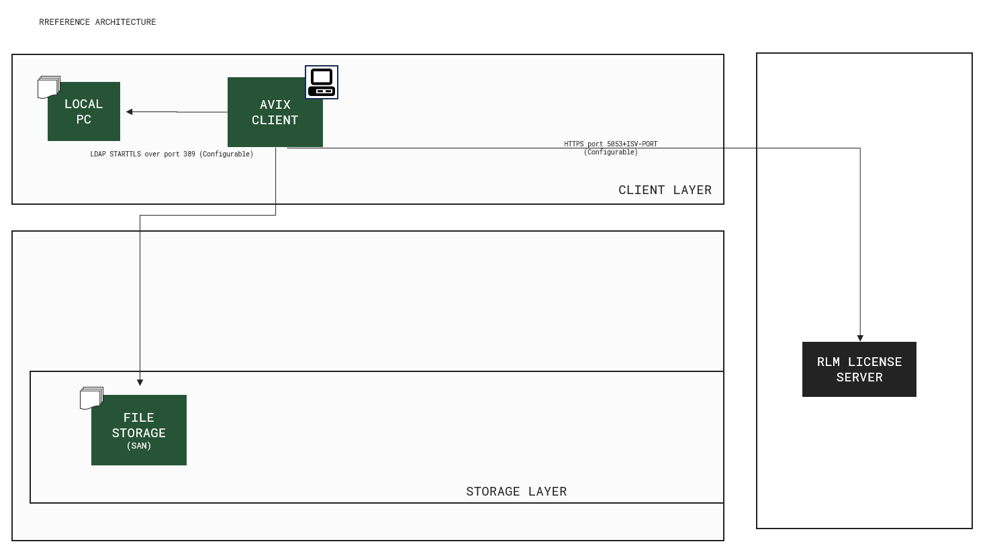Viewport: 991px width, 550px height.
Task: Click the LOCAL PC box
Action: (84, 111)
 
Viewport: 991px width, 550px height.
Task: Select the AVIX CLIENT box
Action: (275, 112)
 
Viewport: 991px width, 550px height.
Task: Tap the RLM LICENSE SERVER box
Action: (859, 369)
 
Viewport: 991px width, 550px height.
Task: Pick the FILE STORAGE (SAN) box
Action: (139, 430)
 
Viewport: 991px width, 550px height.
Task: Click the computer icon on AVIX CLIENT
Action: (322, 83)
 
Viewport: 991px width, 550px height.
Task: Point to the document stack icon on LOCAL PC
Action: (49, 87)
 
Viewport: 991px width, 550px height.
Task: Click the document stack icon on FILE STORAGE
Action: (91, 398)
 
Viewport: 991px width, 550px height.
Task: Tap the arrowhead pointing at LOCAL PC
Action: (130, 111)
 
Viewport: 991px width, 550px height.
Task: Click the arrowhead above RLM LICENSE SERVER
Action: (860, 338)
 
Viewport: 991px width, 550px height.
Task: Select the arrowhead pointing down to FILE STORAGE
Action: (140, 382)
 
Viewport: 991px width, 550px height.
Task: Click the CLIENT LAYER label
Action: (665, 190)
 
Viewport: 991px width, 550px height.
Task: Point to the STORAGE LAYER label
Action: (516, 492)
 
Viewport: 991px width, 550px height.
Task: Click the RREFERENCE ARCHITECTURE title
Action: (97, 22)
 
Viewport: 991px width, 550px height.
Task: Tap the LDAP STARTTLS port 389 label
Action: (172, 154)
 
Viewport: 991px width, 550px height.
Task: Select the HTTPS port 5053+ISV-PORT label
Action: (611, 148)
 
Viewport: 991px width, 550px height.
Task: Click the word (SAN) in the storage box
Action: (139, 446)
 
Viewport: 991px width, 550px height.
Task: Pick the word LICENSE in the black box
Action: (874, 362)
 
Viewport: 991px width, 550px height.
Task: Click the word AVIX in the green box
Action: (275, 105)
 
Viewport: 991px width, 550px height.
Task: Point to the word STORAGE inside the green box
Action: (139, 433)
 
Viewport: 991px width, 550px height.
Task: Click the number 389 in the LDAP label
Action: (189, 154)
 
